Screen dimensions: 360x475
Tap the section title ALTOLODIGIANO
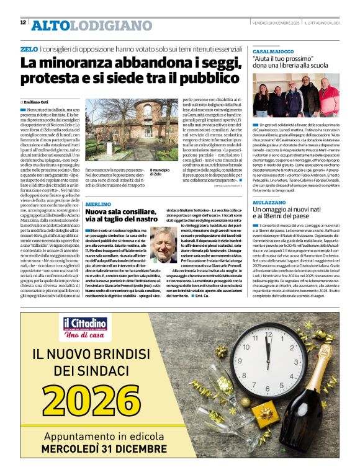click(x=91, y=25)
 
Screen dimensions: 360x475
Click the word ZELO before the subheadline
click(x=29, y=48)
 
